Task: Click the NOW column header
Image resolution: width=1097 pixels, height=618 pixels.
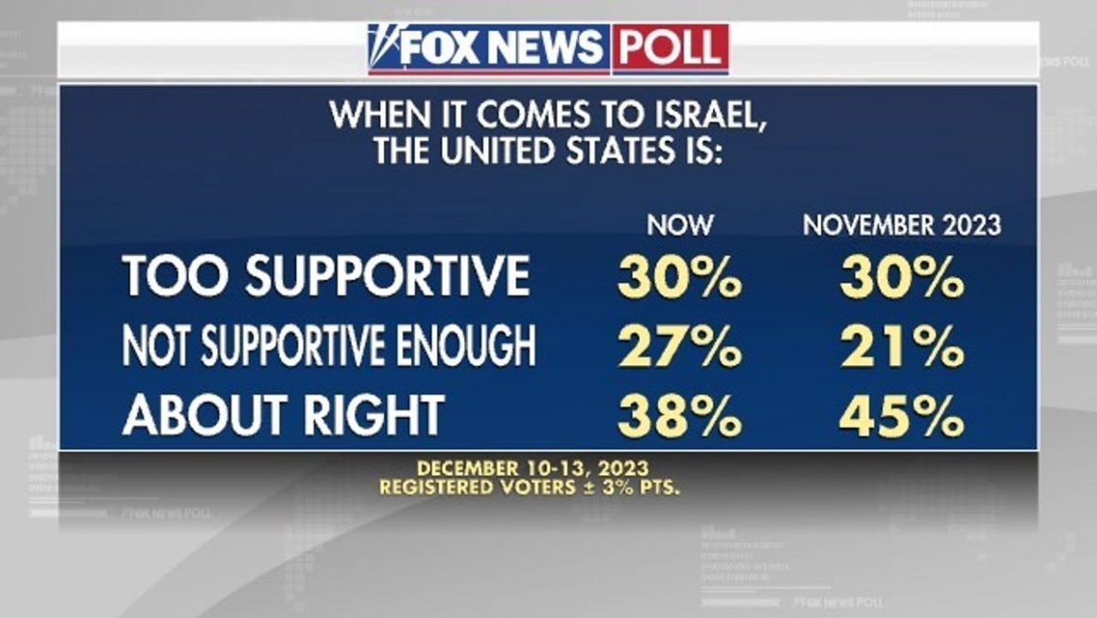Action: pos(680,225)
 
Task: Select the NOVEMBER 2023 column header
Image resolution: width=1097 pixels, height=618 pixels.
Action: pos(901,225)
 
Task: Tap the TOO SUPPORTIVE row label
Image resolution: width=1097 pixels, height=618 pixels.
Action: pos(326,276)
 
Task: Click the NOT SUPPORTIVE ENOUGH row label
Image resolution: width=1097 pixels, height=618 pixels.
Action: pos(329,347)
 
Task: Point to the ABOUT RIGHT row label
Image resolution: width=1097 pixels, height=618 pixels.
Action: pos(284,415)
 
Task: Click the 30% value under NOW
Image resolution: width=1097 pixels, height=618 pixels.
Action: pos(680,277)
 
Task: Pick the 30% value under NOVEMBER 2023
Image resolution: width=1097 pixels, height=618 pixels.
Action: pos(901,277)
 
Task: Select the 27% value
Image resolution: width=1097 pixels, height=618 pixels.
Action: pos(680,347)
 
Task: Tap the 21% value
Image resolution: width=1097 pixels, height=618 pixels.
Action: pos(901,347)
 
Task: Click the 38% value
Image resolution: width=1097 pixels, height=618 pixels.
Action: pos(680,415)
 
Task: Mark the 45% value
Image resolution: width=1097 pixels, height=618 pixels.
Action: pos(901,415)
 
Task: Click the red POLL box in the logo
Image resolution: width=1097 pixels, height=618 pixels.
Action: pos(670,47)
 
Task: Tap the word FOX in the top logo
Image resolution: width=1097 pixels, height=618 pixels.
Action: pos(440,47)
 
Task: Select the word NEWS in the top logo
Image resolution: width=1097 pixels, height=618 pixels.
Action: pos(549,47)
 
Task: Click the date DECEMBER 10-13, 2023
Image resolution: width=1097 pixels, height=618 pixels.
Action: pos(532,468)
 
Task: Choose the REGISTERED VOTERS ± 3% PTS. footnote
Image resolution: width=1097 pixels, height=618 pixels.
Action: pos(532,487)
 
